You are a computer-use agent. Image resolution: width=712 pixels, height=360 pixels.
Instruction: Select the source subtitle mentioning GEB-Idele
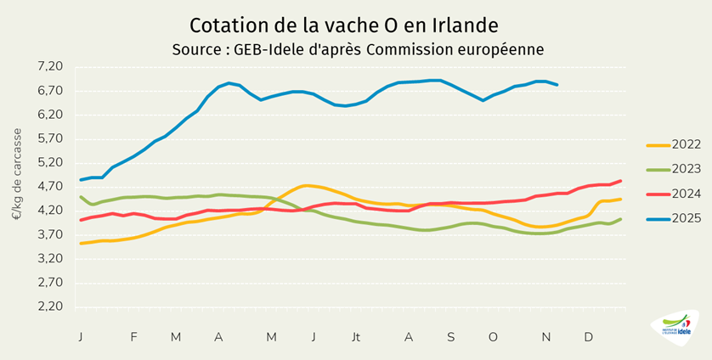(x=357, y=49)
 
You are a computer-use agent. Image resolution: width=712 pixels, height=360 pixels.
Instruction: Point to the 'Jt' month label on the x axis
(x=356, y=337)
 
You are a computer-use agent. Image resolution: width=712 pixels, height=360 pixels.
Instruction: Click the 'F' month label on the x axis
(x=133, y=337)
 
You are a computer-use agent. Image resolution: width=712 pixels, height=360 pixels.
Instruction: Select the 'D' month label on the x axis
(x=588, y=337)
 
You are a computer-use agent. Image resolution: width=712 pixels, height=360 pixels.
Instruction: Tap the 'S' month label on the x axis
(x=451, y=337)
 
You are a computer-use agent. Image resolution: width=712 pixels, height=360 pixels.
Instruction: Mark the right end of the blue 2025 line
(x=557, y=85)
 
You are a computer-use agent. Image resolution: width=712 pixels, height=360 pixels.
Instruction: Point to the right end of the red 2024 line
(x=620, y=181)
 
